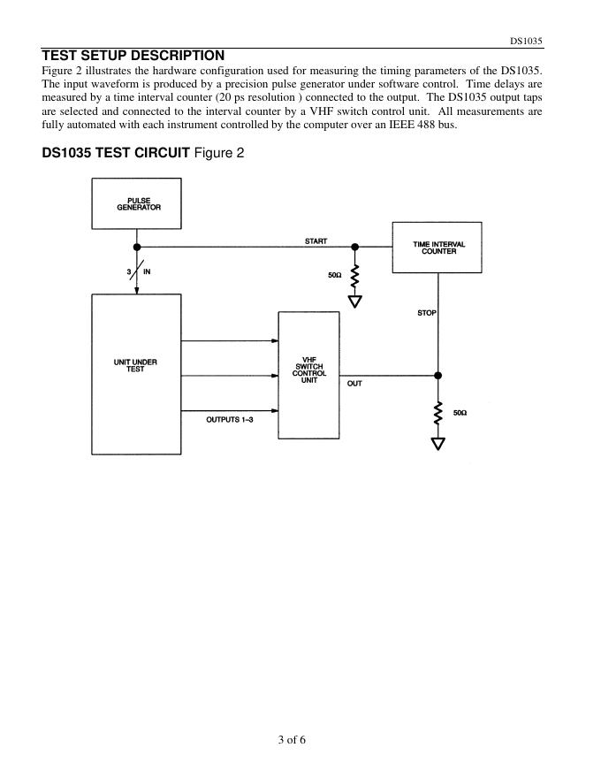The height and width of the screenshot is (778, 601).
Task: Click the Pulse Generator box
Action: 137,203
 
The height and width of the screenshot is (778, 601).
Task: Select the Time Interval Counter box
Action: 437,247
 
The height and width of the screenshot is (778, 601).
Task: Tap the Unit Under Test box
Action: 136,374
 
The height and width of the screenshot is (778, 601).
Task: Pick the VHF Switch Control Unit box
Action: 308,374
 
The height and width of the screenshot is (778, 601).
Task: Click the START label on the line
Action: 316,241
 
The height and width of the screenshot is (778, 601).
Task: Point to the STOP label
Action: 427,313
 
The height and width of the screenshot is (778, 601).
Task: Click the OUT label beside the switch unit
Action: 354,384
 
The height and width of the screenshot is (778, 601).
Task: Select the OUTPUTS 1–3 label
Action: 230,419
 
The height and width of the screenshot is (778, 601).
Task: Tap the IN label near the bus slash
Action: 147,271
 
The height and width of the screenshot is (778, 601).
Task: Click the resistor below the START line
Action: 355,277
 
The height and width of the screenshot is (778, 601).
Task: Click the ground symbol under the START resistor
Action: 355,301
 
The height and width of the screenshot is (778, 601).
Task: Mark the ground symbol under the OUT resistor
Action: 437,443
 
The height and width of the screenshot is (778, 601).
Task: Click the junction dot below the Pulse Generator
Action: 137,248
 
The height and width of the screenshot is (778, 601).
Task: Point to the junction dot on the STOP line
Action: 437,375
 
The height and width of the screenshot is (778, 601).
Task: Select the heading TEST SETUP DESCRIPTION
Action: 133,56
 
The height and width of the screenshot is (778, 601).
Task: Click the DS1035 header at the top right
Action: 526,42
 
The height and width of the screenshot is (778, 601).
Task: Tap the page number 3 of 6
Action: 292,740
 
